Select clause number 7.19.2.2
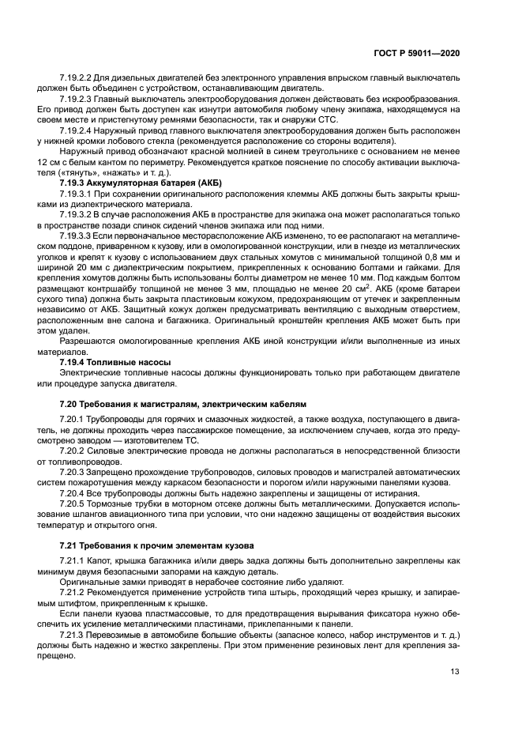coord(76,80)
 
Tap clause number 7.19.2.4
coord(76,130)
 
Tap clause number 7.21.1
coord(73,561)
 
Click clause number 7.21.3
coord(73,635)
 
